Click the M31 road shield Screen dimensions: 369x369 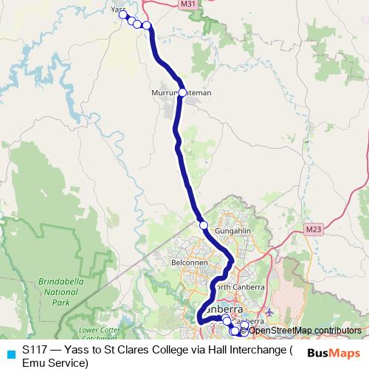pyautogui.click(x=188, y=4)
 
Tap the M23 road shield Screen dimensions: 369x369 pyautogui.click(x=313, y=230)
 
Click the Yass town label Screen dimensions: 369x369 pyautogui.click(x=117, y=10)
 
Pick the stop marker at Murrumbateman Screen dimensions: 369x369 pyautogui.click(x=182, y=92)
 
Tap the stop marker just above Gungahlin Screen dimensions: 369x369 pyautogui.click(x=204, y=224)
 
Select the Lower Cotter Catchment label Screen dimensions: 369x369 pyautogui.click(x=97, y=334)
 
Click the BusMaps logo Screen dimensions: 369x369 pyautogui.click(x=334, y=353)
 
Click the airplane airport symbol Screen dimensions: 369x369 pyautogui.click(x=269, y=313)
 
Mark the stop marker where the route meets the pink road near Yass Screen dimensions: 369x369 pyautogui.click(x=146, y=26)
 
